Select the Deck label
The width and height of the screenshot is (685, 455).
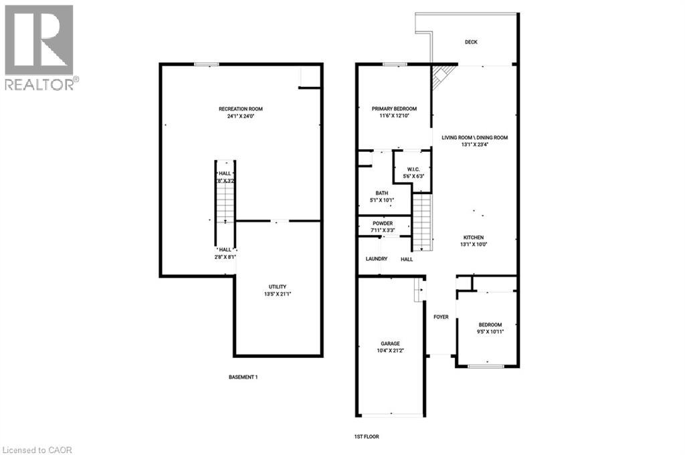pyautogui.click(x=471, y=42)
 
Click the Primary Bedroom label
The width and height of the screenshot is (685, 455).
pyautogui.click(x=394, y=109)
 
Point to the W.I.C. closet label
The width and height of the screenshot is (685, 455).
pyautogui.click(x=409, y=169)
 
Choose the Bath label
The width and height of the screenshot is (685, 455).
pyautogui.click(x=381, y=193)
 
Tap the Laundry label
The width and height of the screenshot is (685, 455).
pyautogui.click(x=377, y=259)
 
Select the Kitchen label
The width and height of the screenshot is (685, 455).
pyautogui.click(x=474, y=238)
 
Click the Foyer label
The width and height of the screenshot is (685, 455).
pyautogui.click(x=441, y=316)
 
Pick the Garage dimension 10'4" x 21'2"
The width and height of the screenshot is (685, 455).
pyautogui.click(x=391, y=351)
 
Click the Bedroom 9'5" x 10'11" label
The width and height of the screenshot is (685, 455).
pyautogui.click(x=490, y=325)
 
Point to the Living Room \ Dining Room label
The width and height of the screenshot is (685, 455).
pyautogui.click(x=474, y=138)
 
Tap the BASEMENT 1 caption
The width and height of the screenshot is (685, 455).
pyautogui.click(x=243, y=377)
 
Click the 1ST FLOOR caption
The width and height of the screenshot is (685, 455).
pyautogui.click(x=367, y=436)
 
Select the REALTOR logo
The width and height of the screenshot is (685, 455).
pyautogui.click(x=39, y=47)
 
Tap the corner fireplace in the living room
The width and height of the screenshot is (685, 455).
pyautogui.click(x=442, y=76)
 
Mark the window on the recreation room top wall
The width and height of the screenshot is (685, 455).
pyautogui.click(x=207, y=64)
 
